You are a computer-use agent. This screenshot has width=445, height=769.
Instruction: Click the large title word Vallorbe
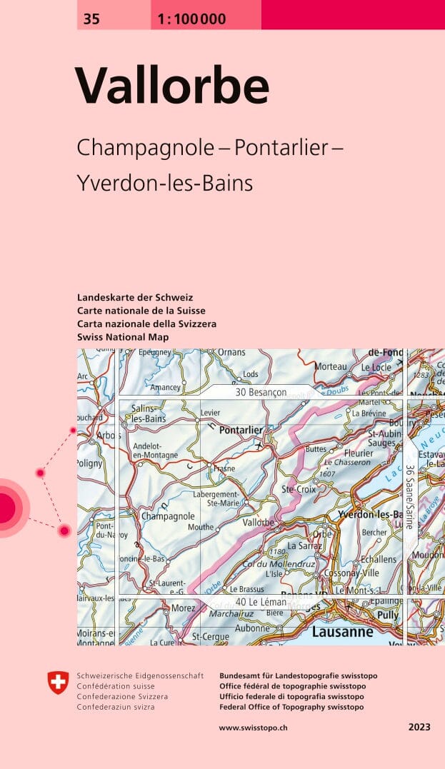coord(172,86)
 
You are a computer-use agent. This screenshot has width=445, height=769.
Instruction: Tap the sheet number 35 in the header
coord(91,20)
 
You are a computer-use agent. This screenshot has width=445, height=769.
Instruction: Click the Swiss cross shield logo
coord(58,683)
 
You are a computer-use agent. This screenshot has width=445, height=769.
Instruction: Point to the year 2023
coord(419,728)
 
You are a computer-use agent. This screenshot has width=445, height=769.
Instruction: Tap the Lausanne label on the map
coord(342,632)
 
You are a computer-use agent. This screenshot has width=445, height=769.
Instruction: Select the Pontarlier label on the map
coord(241,431)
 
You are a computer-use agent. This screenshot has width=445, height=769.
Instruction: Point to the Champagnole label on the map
coord(168,516)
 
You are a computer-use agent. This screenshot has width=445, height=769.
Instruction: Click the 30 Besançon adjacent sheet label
coord(260,393)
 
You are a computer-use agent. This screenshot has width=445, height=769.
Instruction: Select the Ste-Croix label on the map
coord(298,489)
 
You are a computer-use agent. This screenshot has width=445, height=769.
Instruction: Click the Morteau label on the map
coord(330,366)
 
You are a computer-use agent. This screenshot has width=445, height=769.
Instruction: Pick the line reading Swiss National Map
coord(123,336)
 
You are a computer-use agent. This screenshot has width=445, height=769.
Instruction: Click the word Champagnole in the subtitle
coord(145,148)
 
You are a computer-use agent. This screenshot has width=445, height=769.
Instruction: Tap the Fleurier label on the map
coord(358,453)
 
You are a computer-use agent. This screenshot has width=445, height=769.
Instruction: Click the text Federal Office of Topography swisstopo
coord(291,707)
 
